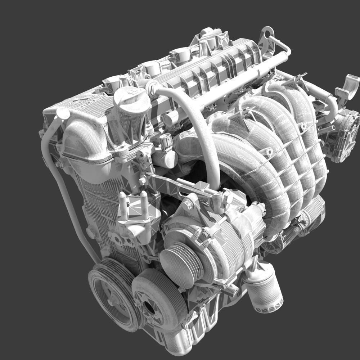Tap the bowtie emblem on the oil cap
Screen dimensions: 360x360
132,91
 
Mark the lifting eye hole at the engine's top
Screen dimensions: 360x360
267,36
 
